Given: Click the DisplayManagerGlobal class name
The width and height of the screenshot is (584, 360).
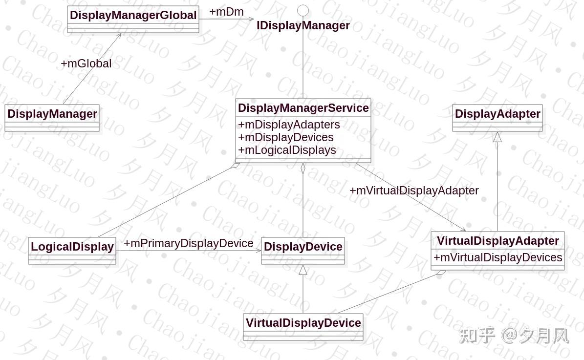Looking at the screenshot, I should [133, 15].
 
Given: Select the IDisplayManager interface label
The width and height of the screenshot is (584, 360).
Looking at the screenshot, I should [303, 25].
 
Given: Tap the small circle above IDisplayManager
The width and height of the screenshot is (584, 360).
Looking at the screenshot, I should [303, 10].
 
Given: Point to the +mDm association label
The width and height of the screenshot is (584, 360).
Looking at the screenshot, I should [226, 12].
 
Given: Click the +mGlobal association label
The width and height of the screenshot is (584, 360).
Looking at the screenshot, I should [86, 64].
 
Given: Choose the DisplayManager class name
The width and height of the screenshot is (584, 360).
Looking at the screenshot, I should [52, 114].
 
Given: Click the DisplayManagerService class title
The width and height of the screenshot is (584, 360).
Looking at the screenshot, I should [303, 107].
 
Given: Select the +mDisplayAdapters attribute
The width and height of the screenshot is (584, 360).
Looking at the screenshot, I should [289, 125].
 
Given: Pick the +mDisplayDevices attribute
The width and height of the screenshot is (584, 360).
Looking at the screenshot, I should [286, 137].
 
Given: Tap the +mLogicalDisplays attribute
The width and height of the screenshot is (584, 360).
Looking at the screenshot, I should [287, 150].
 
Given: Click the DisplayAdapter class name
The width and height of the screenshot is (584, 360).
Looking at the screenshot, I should [497, 114].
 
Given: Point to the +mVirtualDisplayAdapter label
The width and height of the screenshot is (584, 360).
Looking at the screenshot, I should [414, 191].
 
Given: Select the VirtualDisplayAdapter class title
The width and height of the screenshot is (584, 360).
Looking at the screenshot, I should [497, 241].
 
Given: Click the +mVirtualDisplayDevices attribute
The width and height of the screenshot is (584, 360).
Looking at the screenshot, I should [497, 257].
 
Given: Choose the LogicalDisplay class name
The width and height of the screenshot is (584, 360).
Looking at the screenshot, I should [72, 247].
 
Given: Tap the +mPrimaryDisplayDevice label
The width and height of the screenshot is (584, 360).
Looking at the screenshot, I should [188, 243].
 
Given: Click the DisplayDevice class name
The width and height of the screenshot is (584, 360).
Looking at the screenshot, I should [303, 247].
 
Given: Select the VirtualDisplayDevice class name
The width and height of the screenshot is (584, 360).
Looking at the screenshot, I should [303, 323].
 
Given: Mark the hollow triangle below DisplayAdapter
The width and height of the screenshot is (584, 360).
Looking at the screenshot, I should [497, 137].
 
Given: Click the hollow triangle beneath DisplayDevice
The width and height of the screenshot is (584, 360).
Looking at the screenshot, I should [303, 270].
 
